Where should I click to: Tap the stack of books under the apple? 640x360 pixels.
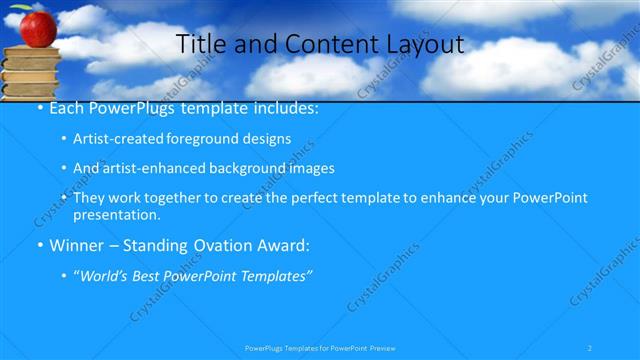pyautogui.click(x=31, y=72)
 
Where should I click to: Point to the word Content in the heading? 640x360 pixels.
pyautogui.click(x=322, y=44)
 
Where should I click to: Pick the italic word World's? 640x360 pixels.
pyautogui.click(x=100, y=275)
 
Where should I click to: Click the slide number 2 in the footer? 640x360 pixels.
pyautogui.click(x=591, y=347)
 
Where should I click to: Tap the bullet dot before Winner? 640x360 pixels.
pyautogui.click(x=39, y=246)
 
